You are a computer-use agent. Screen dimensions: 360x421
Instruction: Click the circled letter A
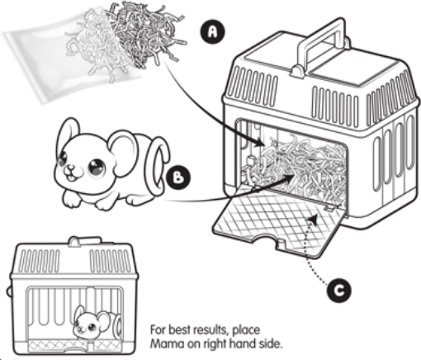[213, 31]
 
